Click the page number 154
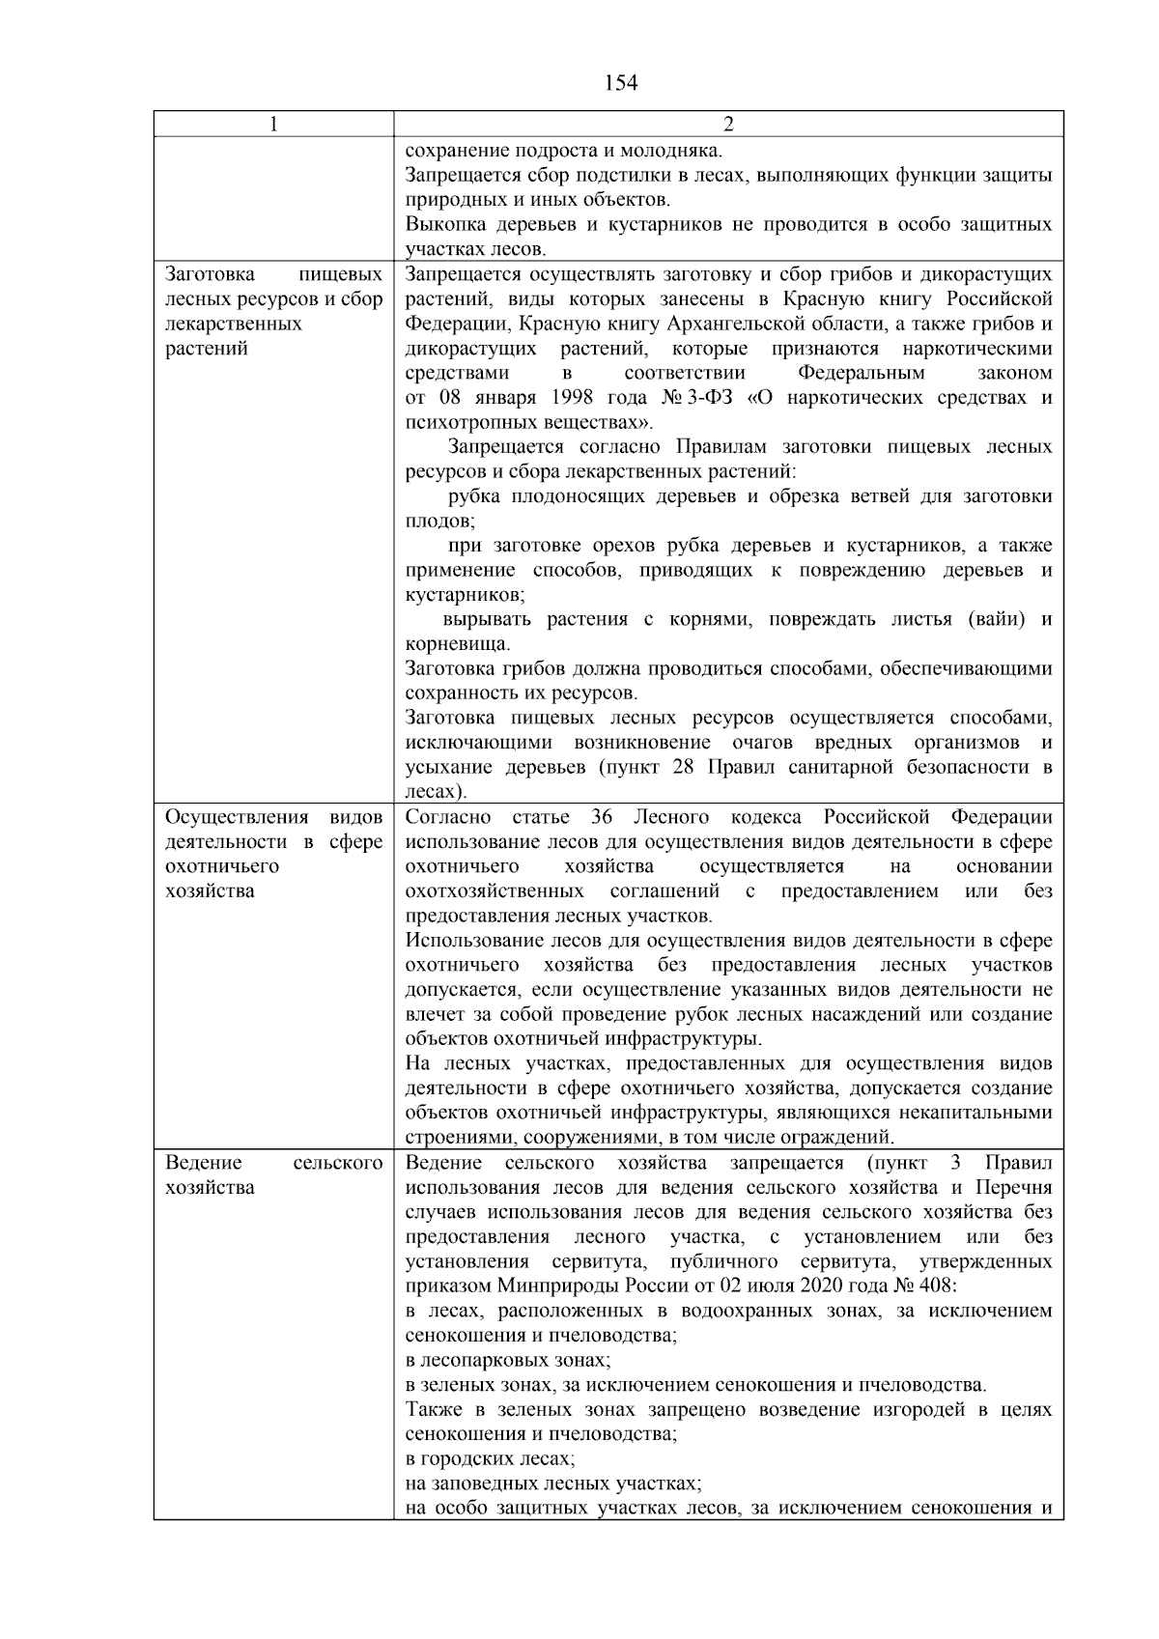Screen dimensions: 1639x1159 [x=620, y=83]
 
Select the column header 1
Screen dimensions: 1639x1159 [x=273, y=125]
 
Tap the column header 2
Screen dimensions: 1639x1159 [x=728, y=125]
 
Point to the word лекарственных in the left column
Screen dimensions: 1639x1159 [x=234, y=324]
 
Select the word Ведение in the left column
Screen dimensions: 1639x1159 [x=203, y=1163]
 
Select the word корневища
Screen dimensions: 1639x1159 [x=458, y=644]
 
